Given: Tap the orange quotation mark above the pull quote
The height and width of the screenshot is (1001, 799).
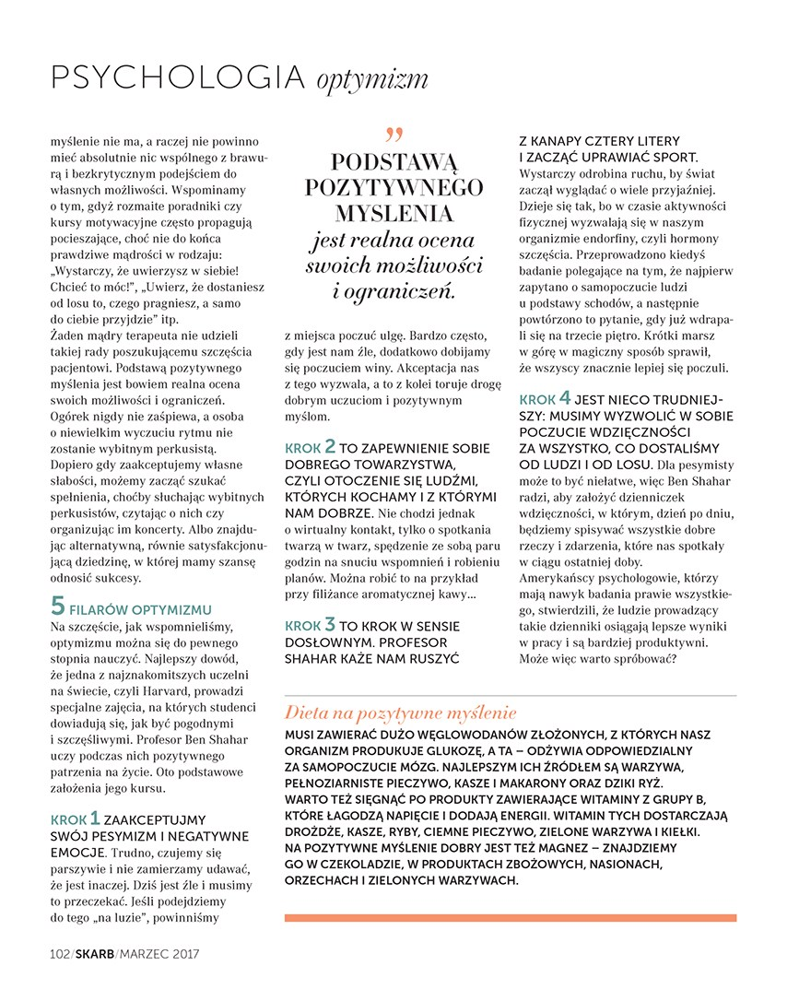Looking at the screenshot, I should (394, 135).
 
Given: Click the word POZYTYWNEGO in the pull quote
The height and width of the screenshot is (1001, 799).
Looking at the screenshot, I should (394, 187).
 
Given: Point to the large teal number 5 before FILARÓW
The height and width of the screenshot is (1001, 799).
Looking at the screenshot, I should (57, 607).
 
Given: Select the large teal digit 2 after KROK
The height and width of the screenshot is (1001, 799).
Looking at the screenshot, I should (329, 447).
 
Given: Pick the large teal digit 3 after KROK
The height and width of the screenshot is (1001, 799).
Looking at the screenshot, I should (329, 624).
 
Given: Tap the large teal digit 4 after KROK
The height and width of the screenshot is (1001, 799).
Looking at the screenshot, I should (565, 398).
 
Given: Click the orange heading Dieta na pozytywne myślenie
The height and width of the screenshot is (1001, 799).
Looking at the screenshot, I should (401, 713).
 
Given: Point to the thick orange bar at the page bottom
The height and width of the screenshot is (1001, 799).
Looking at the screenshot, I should (511, 917).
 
